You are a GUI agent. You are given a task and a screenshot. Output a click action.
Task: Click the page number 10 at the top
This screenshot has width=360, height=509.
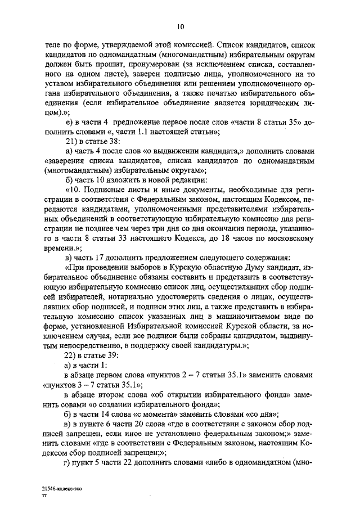(x=180, y=26)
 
